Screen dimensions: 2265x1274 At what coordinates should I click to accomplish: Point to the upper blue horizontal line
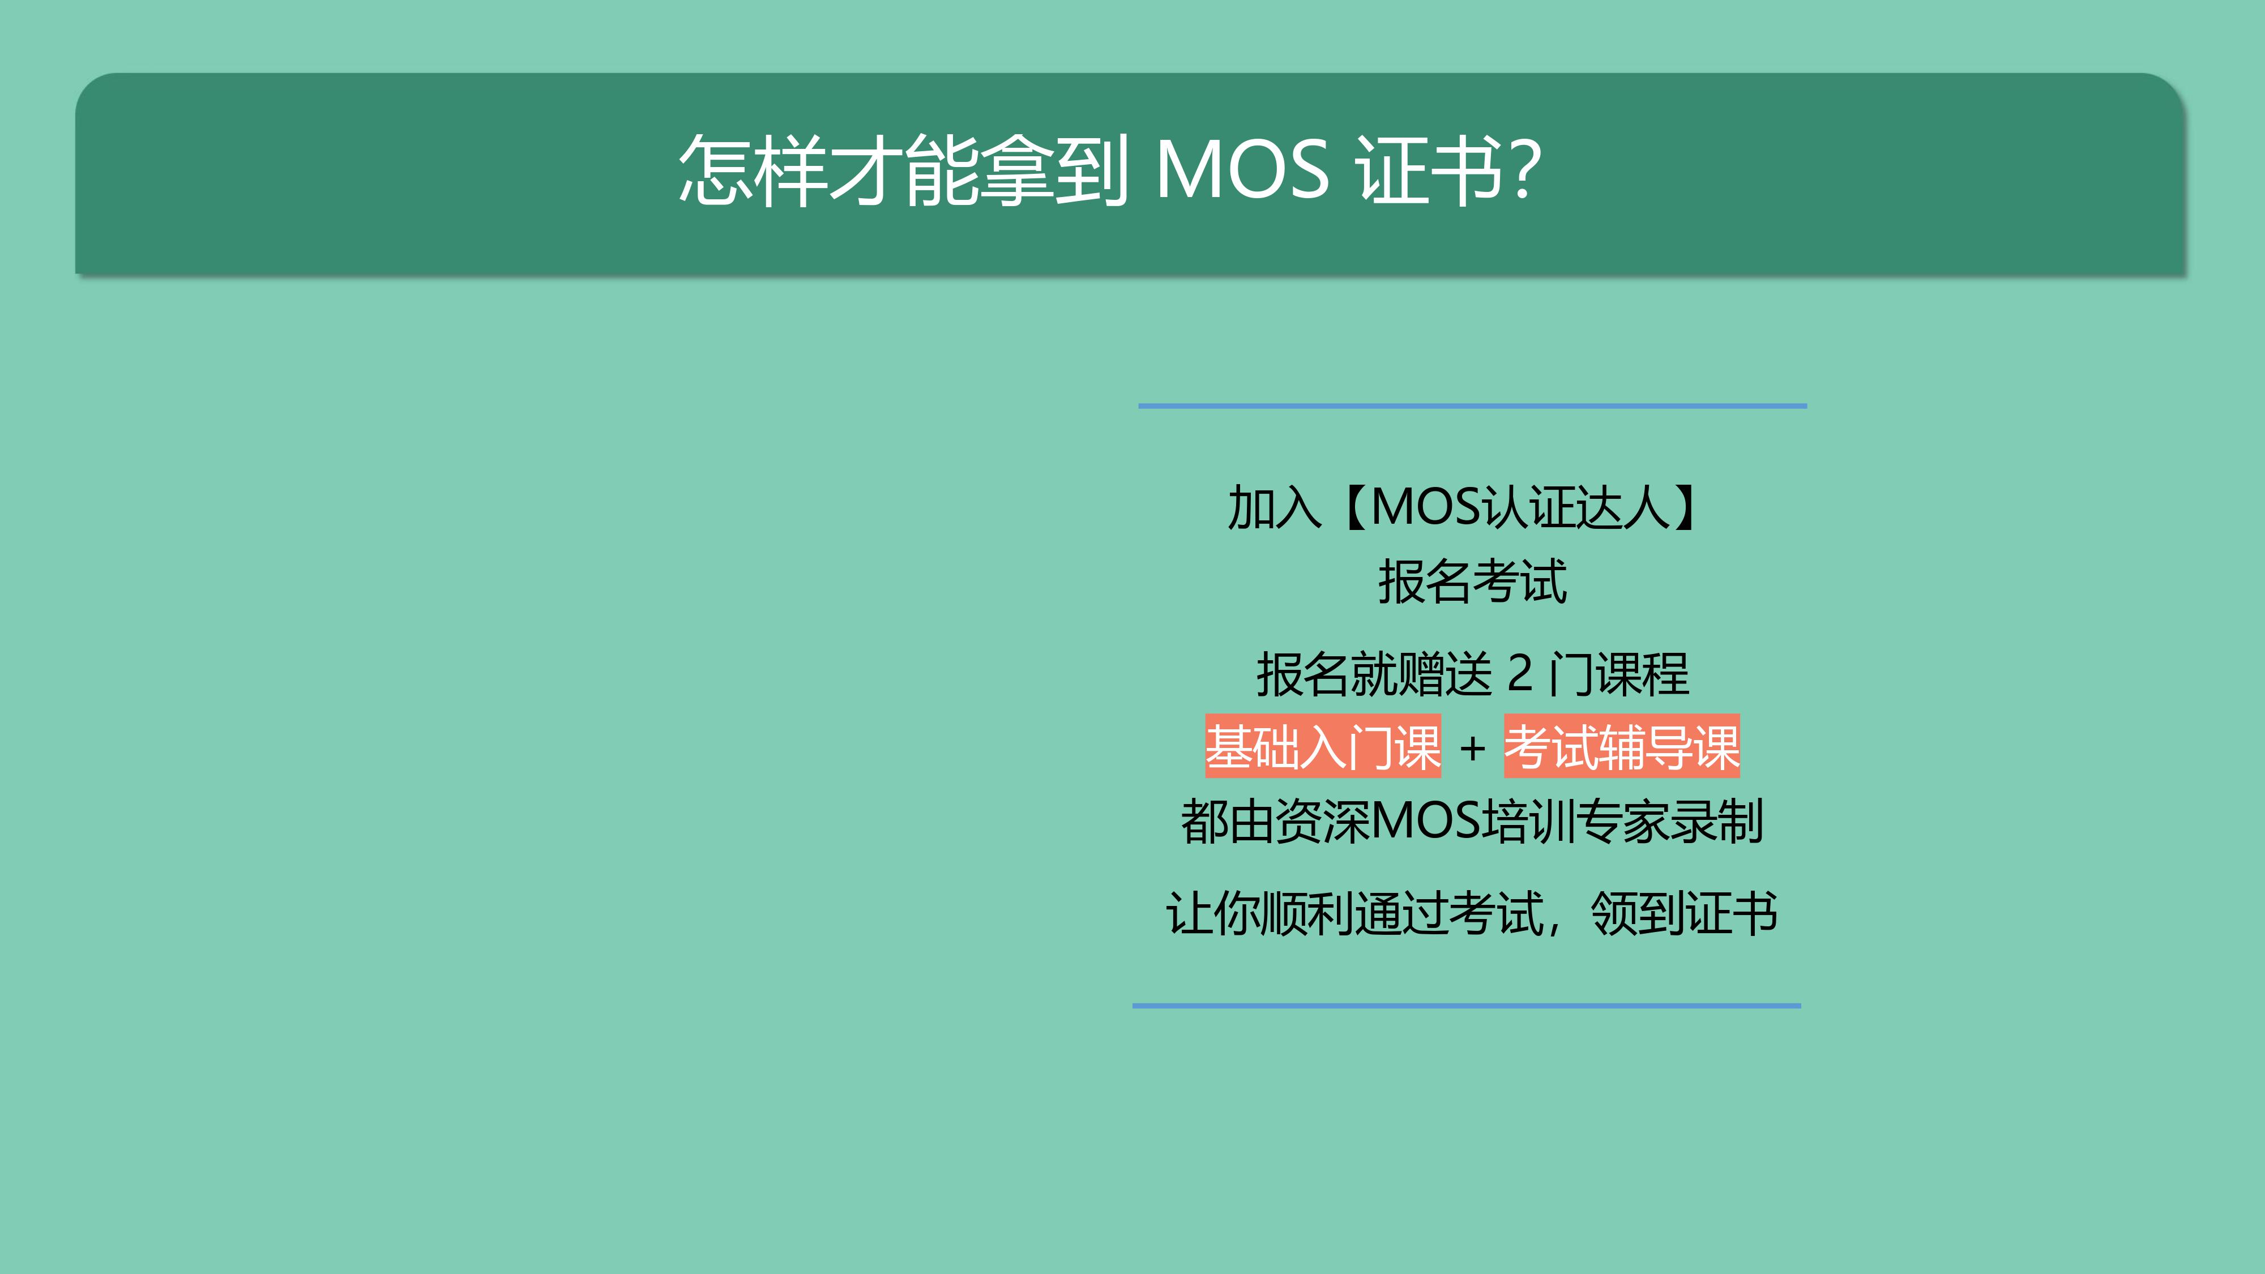coord(1473,406)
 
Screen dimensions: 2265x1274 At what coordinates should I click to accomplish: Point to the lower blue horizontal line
coord(1467,1005)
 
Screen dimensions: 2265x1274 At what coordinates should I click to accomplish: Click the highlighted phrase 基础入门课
coord(1323,746)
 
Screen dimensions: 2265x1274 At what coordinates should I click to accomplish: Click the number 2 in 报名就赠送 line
coord(1520,673)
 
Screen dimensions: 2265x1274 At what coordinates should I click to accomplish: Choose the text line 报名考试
coord(1473,582)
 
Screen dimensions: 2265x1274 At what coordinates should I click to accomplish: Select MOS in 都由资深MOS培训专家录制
coord(1425,821)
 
